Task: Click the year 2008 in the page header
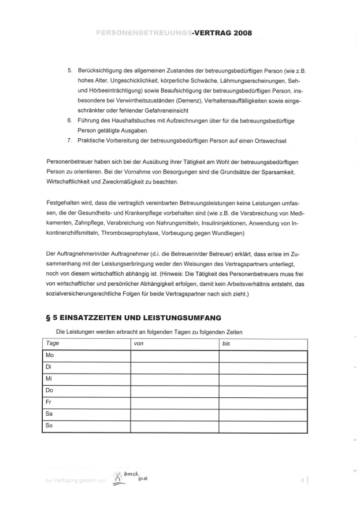[x=239, y=34]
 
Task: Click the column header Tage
[x=53, y=344]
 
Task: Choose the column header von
[x=138, y=344]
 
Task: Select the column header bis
[x=227, y=344]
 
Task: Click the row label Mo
[x=50, y=355]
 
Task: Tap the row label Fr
[x=49, y=402]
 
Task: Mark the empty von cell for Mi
[x=175, y=379]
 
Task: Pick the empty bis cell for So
[x=263, y=426]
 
